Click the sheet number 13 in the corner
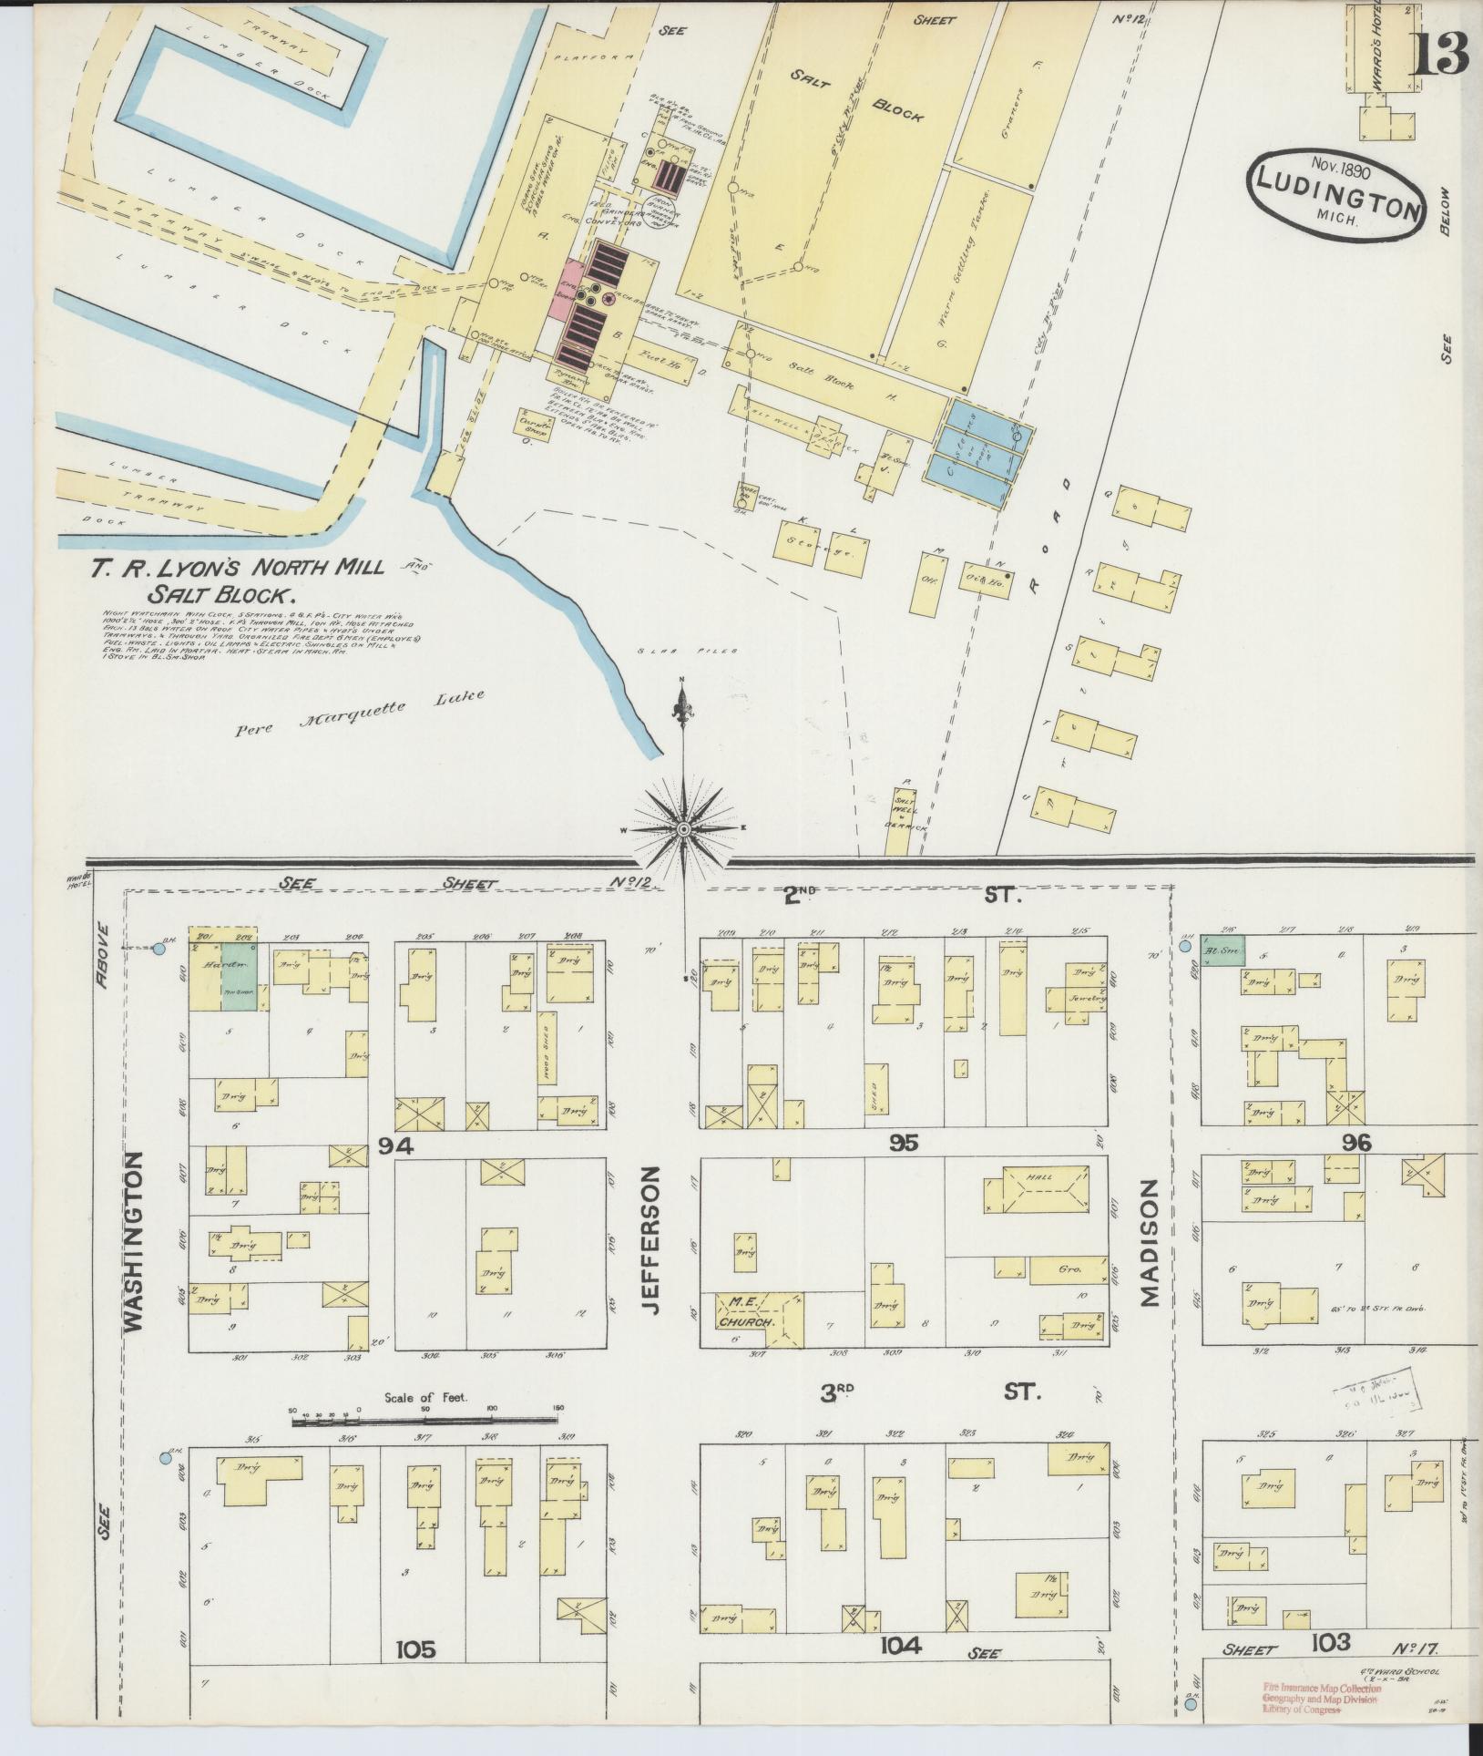1440,54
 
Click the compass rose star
683,827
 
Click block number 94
396,1146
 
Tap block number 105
415,1648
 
